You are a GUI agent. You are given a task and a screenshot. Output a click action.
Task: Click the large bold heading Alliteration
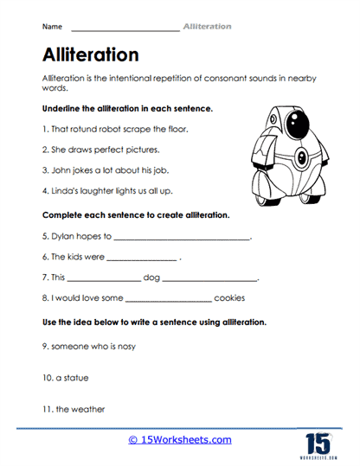point(90,54)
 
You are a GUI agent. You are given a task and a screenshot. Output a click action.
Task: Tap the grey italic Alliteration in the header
point(207,27)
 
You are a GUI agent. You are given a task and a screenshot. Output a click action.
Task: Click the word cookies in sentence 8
point(229,298)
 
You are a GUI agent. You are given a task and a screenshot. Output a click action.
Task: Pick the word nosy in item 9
point(124,346)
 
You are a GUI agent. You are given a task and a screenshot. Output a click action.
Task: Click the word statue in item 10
point(75,378)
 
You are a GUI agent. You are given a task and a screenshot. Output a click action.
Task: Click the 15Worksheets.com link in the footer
point(179,441)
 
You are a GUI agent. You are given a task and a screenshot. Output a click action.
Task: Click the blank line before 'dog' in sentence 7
point(103,279)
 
